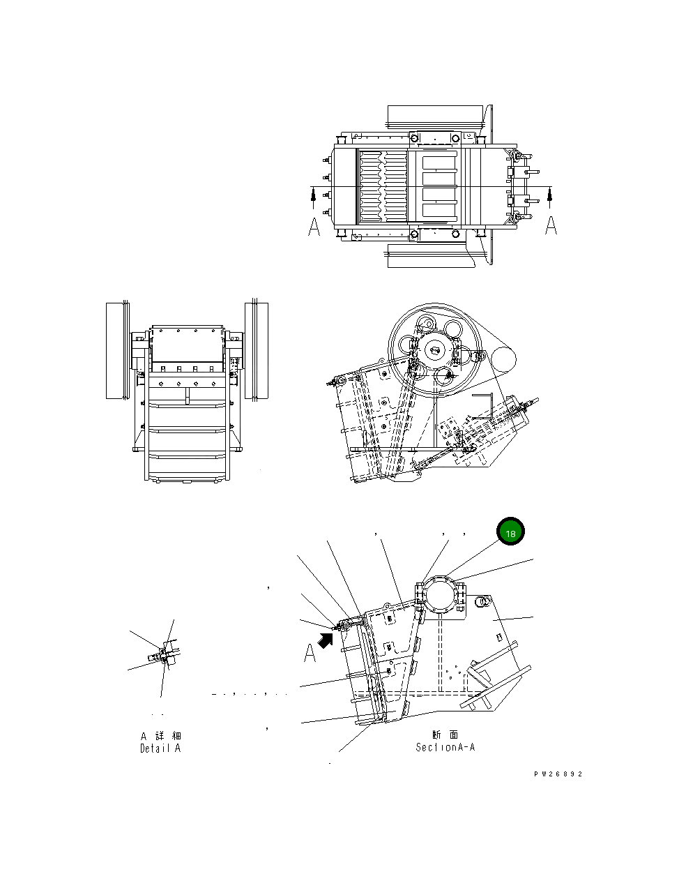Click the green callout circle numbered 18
[x=510, y=533]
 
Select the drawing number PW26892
[x=558, y=774]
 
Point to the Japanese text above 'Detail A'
[x=160, y=736]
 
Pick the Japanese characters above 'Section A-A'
[x=445, y=735]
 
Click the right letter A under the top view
[x=550, y=225]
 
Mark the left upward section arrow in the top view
[x=314, y=198]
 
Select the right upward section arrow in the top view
[x=550, y=198]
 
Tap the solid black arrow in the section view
[x=325, y=638]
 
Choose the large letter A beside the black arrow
[x=310, y=654]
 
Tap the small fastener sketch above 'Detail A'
[x=165, y=654]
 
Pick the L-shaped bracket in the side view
[x=485, y=405]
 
